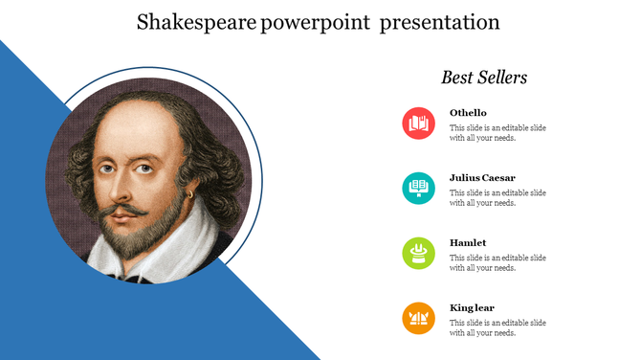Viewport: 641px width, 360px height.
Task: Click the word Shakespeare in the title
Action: pyautogui.click(x=195, y=22)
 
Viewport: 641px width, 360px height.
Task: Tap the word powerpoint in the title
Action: pyautogui.click(x=313, y=22)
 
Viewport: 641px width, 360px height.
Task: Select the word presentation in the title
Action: pyautogui.click(x=439, y=22)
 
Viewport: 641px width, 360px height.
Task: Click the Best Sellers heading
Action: pyautogui.click(x=484, y=78)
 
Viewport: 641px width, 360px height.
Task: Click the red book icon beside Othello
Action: pyautogui.click(x=418, y=124)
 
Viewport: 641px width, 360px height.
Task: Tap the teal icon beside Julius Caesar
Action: pyautogui.click(x=418, y=188)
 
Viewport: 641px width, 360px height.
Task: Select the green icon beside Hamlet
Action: pyautogui.click(x=418, y=253)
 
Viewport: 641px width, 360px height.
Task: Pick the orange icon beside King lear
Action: pyautogui.click(x=418, y=318)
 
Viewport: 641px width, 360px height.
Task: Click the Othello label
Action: pyautogui.click(x=468, y=113)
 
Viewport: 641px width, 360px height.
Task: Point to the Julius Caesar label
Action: pyautogui.click(x=482, y=178)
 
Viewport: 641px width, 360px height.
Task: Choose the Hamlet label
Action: pyautogui.click(x=468, y=243)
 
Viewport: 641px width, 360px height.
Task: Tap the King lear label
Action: pyautogui.click(x=472, y=308)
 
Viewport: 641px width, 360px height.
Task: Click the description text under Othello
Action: pyautogui.click(x=497, y=133)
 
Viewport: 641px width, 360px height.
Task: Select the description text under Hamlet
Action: pyautogui.click(x=497, y=263)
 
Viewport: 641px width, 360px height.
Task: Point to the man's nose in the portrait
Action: pyautogui.click(x=123, y=188)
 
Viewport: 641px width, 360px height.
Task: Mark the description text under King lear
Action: pyautogui.click(x=497, y=328)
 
